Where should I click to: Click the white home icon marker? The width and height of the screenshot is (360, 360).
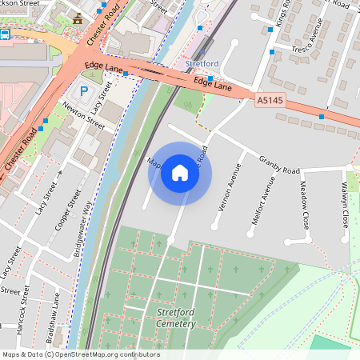coord(180,173)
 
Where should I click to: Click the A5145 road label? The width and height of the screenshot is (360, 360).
coord(271,101)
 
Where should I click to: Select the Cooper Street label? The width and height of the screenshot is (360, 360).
coord(70,210)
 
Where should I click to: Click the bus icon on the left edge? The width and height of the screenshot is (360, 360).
coord(5,34)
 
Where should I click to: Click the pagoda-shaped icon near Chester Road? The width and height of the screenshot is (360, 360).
coord(77,18)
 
